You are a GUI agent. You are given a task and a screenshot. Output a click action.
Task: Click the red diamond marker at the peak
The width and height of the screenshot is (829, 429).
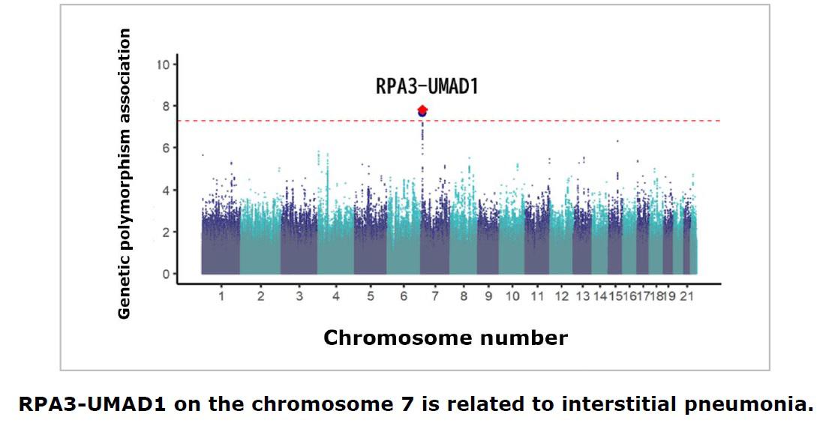point(422,110)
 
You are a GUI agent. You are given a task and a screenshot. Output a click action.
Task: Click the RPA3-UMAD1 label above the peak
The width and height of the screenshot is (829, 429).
point(426,86)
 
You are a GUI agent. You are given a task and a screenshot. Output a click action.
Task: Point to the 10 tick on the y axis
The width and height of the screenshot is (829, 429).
point(163,64)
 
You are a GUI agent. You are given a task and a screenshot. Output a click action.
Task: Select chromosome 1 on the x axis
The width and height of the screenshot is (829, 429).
point(221,297)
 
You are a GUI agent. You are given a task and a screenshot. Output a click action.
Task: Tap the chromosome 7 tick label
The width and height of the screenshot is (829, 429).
point(434,297)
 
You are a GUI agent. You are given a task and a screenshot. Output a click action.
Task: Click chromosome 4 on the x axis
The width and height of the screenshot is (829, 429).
point(335,297)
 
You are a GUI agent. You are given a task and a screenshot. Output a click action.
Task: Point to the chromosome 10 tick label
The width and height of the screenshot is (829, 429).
point(512,297)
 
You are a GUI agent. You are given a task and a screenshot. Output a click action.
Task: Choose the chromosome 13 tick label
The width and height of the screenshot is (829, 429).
point(582,297)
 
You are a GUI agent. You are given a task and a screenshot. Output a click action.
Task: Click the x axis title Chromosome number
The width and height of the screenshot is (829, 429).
point(445,338)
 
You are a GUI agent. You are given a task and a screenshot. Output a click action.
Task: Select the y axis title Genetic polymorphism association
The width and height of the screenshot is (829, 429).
point(125,173)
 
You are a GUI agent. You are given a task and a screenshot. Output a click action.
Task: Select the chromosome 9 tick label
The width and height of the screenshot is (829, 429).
point(488,297)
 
